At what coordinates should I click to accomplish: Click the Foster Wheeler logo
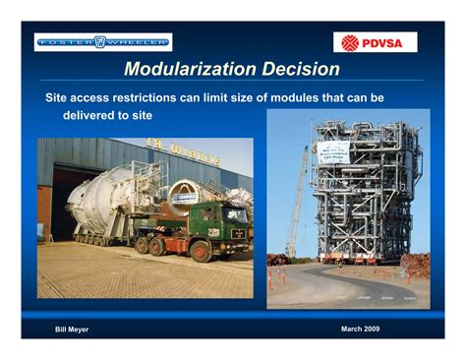click(x=103, y=41)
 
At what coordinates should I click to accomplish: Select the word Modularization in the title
click(x=186, y=70)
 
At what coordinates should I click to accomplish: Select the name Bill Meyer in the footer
click(x=72, y=329)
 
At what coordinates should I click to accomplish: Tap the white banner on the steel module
click(x=332, y=151)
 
